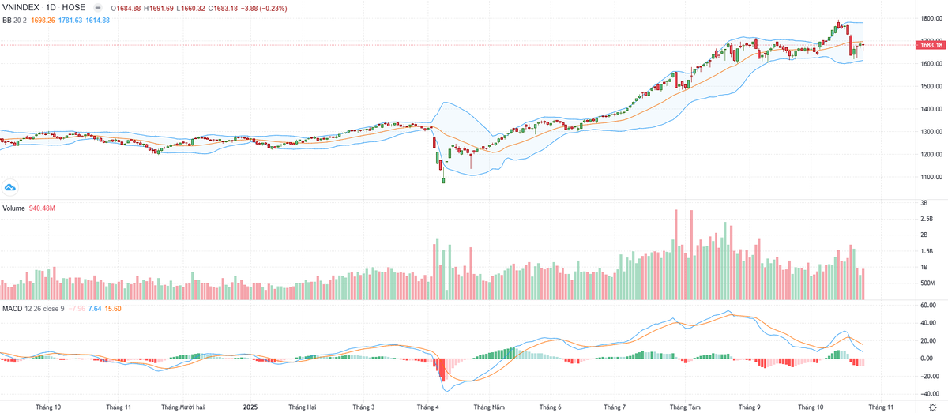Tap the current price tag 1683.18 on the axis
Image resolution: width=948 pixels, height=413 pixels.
(x=930, y=45)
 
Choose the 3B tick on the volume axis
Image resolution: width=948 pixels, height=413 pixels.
(x=924, y=204)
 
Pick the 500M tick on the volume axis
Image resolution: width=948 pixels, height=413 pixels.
(x=927, y=283)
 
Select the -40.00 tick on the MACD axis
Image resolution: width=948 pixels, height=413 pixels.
(x=927, y=393)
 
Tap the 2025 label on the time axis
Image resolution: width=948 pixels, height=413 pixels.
(x=250, y=407)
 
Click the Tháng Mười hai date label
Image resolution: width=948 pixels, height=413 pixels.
(x=182, y=407)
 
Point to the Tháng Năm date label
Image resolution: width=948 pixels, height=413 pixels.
(x=488, y=407)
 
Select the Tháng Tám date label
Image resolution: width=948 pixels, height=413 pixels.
(x=685, y=407)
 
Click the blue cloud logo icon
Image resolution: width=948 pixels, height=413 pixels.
(x=10, y=187)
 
